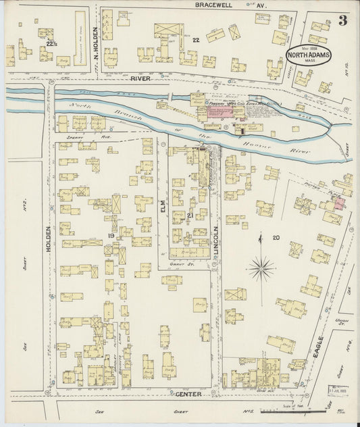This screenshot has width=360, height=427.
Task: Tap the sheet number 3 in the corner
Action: point(343,20)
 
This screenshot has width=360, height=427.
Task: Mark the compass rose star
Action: point(261,268)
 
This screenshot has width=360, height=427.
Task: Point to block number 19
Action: point(109,235)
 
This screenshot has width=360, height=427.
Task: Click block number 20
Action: point(276,237)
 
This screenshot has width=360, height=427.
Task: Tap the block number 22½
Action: point(50,44)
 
